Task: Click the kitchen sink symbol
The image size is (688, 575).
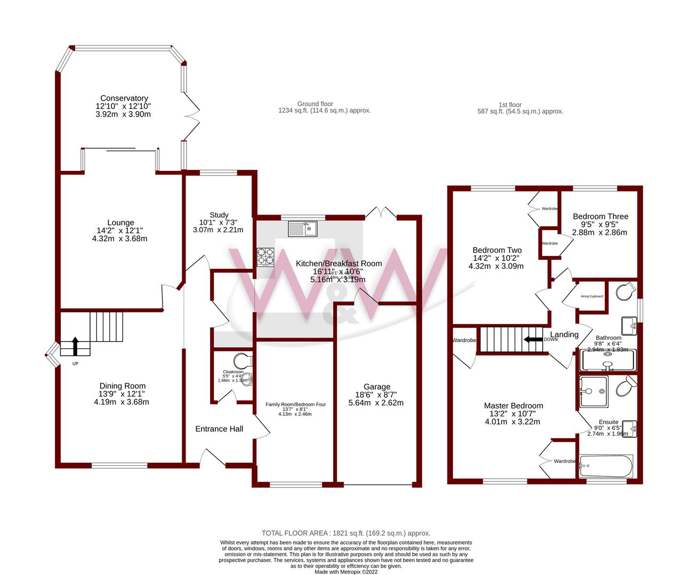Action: coord(302,229)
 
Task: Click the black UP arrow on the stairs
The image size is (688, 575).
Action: coord(75,346)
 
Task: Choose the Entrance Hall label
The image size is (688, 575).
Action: coord(219,429)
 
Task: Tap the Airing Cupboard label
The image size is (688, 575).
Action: coord(592,296)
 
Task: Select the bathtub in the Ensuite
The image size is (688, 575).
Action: coord(605,466)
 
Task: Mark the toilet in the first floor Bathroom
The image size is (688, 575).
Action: coord(626,291)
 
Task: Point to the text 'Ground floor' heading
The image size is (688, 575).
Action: coord(315,104)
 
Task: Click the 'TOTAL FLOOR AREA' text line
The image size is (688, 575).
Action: coord(345,533)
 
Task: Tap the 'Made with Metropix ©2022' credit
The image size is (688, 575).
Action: coord(345,572)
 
